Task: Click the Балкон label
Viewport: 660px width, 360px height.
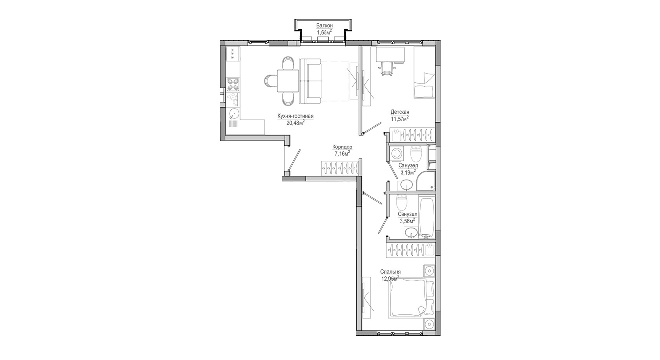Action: pos(324,25)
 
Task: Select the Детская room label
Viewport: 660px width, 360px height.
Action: pos(400,112)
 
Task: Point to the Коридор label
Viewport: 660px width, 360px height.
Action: pos(342,147)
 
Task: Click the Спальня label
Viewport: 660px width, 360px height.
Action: pos(390,272)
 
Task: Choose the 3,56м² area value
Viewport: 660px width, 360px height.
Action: pos(407,220)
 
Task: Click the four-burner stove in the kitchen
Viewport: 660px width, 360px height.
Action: pos(233,84)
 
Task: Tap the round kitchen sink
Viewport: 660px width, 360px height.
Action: pos(233,114)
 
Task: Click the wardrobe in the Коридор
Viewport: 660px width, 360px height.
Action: pos(340,168)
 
